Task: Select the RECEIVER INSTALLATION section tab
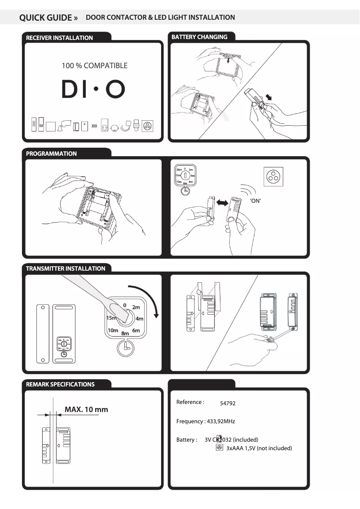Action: pyautogui.click(x=59, y=38)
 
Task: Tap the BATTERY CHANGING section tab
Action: pyautogui.click(x=199, y=37)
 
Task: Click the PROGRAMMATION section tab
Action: pyautogui.click(x=51, y=154)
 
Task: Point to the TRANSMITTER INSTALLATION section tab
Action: pyautogui.click(x=66, y=269)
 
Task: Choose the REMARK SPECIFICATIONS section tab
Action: pyautogui.click(x=60, y=385)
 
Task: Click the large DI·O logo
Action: pyautogui.click(x=93, y=90)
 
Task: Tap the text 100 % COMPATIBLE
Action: pyautogui.click(x=94, y=66)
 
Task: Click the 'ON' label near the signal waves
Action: pyautogui.click(x=255, y=201)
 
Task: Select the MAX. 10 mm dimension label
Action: pyautogui.click(x=86, y=410)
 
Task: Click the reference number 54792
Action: pyautogui.click(x=228, y=404)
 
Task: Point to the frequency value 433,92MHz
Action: pyautogui.click(x=220, y=421)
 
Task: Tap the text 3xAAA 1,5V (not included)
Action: pyautogui.click(x=259, y=448)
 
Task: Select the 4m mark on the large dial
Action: pyautogui.click(x=140, y=319)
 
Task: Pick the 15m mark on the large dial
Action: pyautogui.click(x=111, y=318)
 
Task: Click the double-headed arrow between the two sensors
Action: pyautogui.click(x=221, y=203)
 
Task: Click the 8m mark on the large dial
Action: pyautogui.click(x=125, y=333)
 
